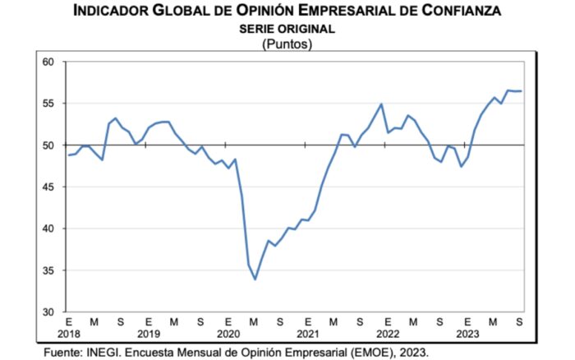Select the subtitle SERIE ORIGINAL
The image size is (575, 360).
[287, 28]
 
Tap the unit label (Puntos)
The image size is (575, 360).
[287, 43]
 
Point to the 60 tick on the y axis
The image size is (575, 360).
[47, 62]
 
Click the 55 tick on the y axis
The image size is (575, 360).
[47, 104]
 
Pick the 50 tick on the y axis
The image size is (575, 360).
[47, 145]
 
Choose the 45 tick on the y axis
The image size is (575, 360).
[47, 187]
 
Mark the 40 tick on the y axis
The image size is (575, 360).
[47, 228]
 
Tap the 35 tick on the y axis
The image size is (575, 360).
[47, 270]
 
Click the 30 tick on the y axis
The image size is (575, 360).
[47, 312]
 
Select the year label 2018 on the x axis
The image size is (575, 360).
[69, 335]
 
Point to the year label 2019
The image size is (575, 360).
[148, 335]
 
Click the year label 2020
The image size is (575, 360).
[228, 335]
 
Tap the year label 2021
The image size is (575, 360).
[307, 335]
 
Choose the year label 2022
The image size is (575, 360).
[386, 335]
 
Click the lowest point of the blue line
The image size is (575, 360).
[255, 279]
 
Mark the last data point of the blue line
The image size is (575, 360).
[521, 91]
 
